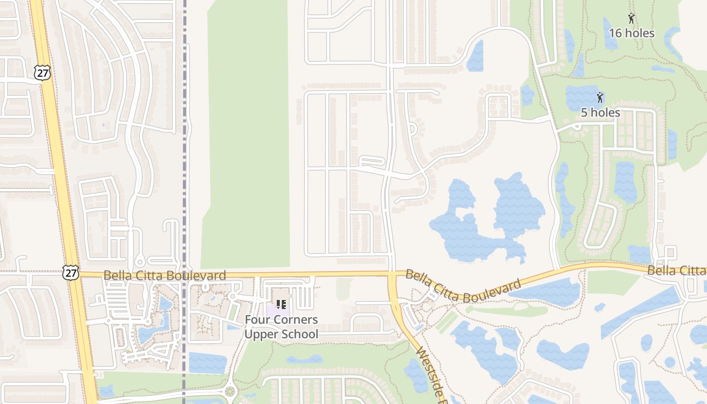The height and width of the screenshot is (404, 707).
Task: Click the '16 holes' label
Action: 631,33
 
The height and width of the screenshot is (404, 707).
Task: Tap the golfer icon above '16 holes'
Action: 631,19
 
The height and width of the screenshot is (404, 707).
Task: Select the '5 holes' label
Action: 600,112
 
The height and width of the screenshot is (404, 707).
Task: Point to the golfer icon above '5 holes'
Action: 600,97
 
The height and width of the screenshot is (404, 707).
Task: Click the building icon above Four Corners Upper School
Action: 281,305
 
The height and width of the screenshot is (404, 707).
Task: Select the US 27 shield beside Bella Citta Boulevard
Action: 71,273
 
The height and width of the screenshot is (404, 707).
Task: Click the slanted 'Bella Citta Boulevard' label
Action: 463,286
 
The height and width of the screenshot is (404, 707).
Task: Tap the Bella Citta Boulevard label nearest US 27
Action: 165,275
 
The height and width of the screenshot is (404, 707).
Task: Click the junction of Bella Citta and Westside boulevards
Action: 393,274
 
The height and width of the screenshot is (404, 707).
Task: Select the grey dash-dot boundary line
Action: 185,151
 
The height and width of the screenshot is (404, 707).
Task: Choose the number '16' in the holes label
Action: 615,33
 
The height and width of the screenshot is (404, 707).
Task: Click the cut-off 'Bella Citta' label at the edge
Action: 677,271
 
